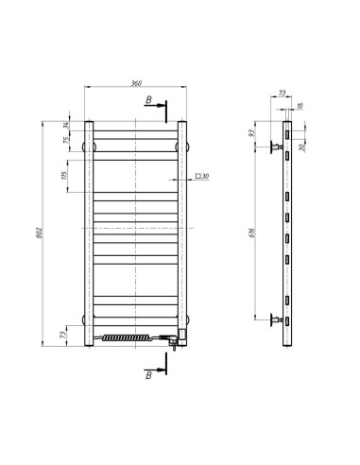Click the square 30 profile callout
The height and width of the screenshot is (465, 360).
[202, 176]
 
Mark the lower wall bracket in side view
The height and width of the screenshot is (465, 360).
[277, 320]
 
